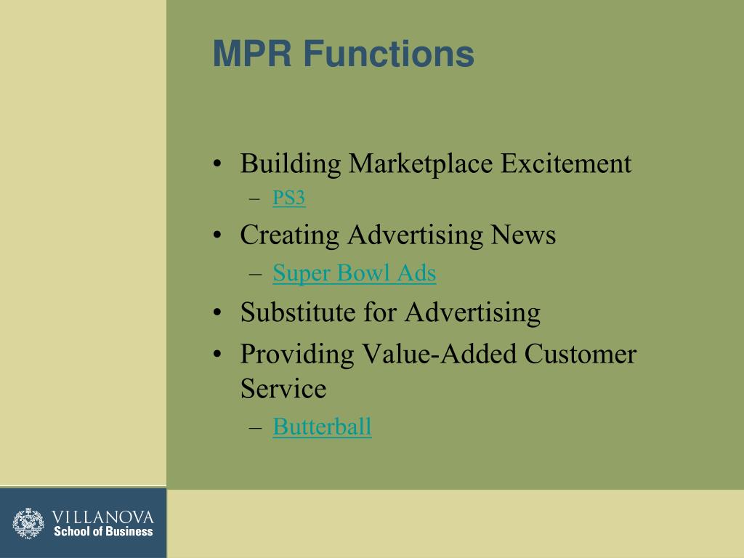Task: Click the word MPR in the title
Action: coord(252,54)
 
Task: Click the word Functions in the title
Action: coord(388,54)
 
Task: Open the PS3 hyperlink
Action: coord(288,198)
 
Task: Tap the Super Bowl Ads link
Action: coord(354,273)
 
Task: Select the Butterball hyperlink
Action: coord(322,426)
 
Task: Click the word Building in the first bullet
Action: coord(291,164)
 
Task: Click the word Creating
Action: coord(290,235)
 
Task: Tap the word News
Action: coord(523,235)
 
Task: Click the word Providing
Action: coord(296,355)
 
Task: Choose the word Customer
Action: coord(581,355)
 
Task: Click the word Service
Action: coord(283,389)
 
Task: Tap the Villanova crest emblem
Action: coord(28,523)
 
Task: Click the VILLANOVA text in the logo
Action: coord(102,517)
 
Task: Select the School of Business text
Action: coord(102,531)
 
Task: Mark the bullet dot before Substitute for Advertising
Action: coord(218,314)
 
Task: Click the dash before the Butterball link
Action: coord(254,428)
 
